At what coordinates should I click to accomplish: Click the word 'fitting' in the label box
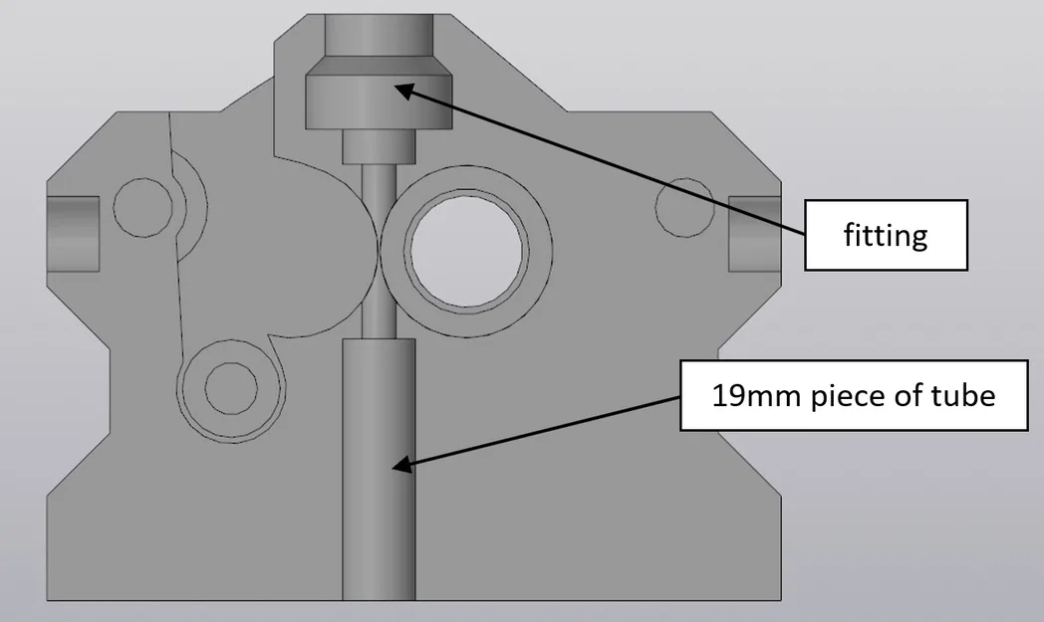point(886,236)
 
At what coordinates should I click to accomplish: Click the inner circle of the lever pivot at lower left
point(230,386)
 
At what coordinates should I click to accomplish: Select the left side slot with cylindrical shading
point(73,233)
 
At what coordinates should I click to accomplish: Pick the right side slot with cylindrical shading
point(755,233)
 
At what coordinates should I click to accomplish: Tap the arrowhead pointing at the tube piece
point(400,464)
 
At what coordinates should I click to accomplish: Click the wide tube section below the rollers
point(378,468)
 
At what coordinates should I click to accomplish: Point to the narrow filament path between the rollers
point(378,249)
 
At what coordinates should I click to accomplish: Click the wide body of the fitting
point(378,103)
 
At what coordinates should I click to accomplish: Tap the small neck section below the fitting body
point(378,146)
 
